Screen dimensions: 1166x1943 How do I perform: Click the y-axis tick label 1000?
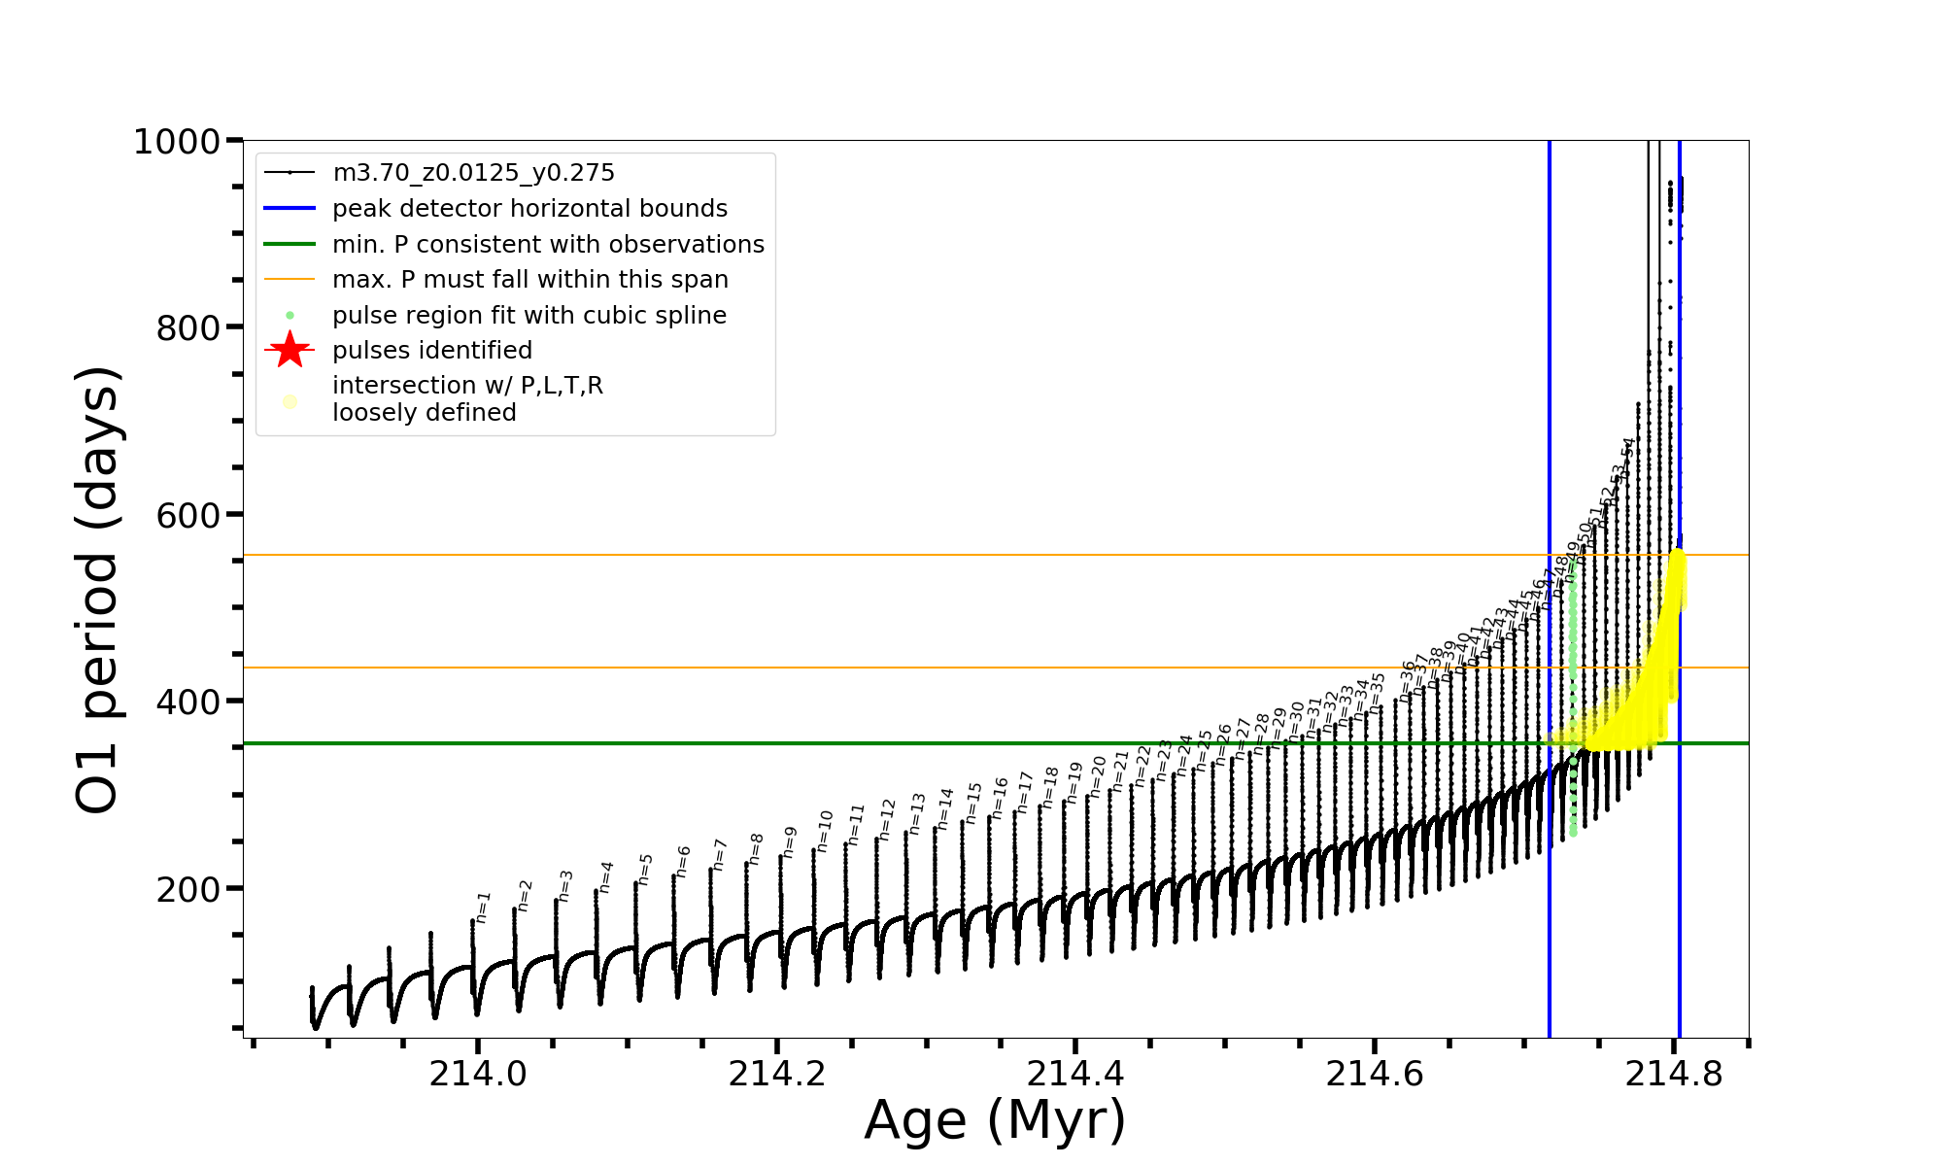click(177, 143)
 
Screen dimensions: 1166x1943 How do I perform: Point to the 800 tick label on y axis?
click(188, 328)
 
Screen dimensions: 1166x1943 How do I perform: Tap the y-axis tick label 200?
click(188, 889)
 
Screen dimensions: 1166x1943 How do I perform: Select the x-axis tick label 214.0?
click(477, 1074)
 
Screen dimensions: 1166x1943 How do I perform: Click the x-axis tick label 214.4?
click(1075, 1074)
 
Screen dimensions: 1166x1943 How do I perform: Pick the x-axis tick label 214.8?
click(1674, 1074)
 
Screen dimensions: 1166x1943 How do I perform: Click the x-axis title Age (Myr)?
click(995, 1120)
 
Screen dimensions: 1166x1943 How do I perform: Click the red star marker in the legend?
click(290, 350)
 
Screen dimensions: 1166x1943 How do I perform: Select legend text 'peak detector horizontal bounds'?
click(529, 209)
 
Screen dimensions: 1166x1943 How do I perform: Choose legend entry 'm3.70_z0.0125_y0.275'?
click(473, 173)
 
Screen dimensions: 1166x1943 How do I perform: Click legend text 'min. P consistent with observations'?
click(548, 245)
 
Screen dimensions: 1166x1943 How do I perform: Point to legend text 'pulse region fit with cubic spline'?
click(528, 316)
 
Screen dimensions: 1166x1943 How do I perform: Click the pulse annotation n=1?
click(483, 907)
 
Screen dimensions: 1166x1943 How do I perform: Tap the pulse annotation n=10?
click(825, 831)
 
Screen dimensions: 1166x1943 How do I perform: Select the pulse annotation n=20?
click(1098, 776)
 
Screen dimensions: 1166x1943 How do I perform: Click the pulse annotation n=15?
click(974, 803)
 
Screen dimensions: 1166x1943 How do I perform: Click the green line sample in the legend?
click(290, 245)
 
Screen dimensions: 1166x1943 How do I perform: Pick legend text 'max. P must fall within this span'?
click(529, 280)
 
